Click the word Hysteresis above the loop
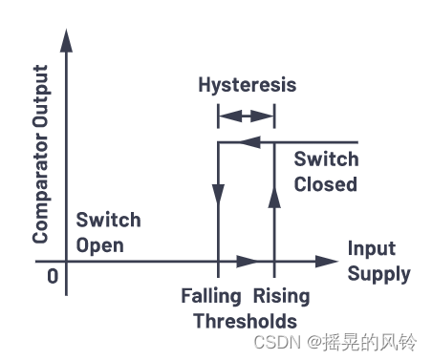[x=247, y=85]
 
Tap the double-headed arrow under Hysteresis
[x=247, y=116]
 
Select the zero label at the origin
[x=52, y=276]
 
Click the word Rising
[x=275, y=295]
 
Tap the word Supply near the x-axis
[x=378, y=274]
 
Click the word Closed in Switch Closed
[x=325, y=183]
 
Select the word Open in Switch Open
[x=100, y=244]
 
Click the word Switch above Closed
[x=325, y=159]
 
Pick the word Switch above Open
[x=108, y=220]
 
